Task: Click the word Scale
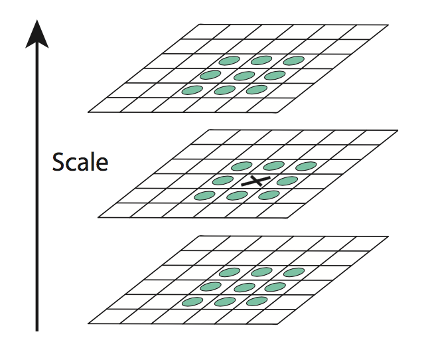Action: (80, 161)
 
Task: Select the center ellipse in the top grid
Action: (245, 75)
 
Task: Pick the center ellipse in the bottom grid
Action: (246, 287)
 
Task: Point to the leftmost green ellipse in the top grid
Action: (191, 90)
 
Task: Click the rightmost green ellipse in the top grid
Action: (294, 61)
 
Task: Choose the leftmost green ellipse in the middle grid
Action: (204, 195)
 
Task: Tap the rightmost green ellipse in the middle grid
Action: (305, 166)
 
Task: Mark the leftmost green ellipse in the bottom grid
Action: (192, 302)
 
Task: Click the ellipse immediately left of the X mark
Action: (222, 180)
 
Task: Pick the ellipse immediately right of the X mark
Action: (287, 181)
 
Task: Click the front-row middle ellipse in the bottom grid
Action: (226, 302)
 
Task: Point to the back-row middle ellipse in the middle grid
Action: (273, 166)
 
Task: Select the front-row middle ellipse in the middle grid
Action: (238, 195)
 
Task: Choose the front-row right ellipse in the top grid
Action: (256, 89)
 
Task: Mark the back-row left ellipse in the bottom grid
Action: (228, 272)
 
